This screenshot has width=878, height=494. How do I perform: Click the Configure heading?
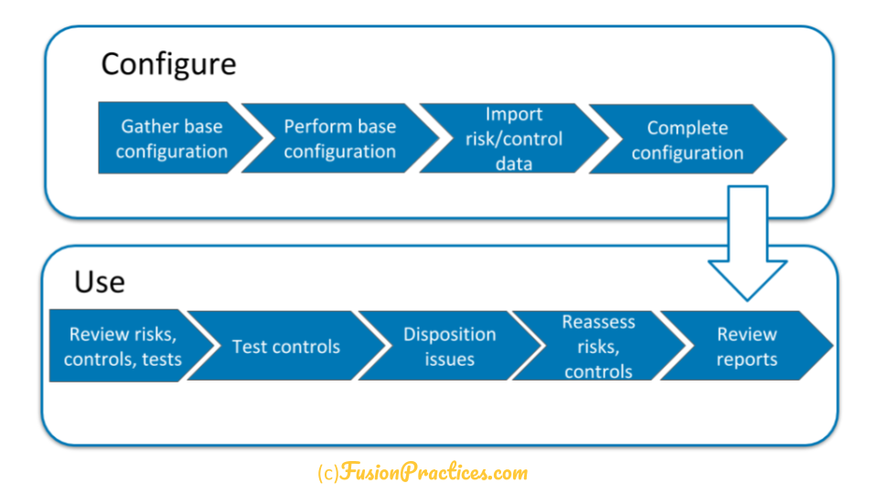[168, 65]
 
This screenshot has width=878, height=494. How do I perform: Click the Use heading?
[100, 282]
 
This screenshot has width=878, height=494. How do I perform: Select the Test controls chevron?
[286, 346]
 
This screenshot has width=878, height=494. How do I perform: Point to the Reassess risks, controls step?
[598, 346]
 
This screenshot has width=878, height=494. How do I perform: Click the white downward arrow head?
[747, 279]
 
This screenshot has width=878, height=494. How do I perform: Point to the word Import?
[514, 114]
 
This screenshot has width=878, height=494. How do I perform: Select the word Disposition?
[450, 335]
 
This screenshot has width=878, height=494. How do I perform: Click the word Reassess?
[598, 322]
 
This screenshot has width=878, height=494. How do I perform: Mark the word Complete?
[688, 128]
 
